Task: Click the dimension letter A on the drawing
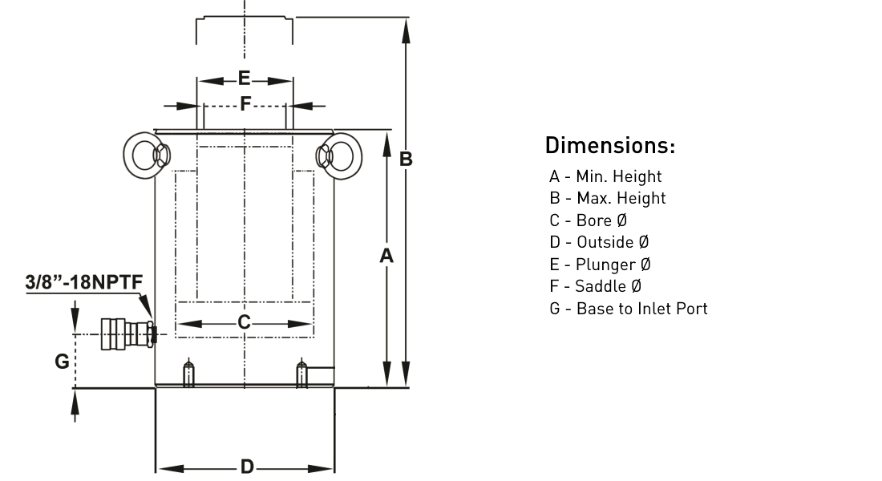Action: click(x=386, y=256)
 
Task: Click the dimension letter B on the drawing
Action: click(x=406, y=160)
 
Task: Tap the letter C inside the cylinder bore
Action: click(x=244, y=322)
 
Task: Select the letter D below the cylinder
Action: click(x=247, y=467)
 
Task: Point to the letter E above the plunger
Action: click(x=244, y=79)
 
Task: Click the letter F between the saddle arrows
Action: click(x=245, y=103)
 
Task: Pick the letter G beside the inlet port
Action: click(x=62, y=362)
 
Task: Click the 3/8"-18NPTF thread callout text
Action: click(x=84, y=282)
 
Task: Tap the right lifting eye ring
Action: click(x=350, y=156)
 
